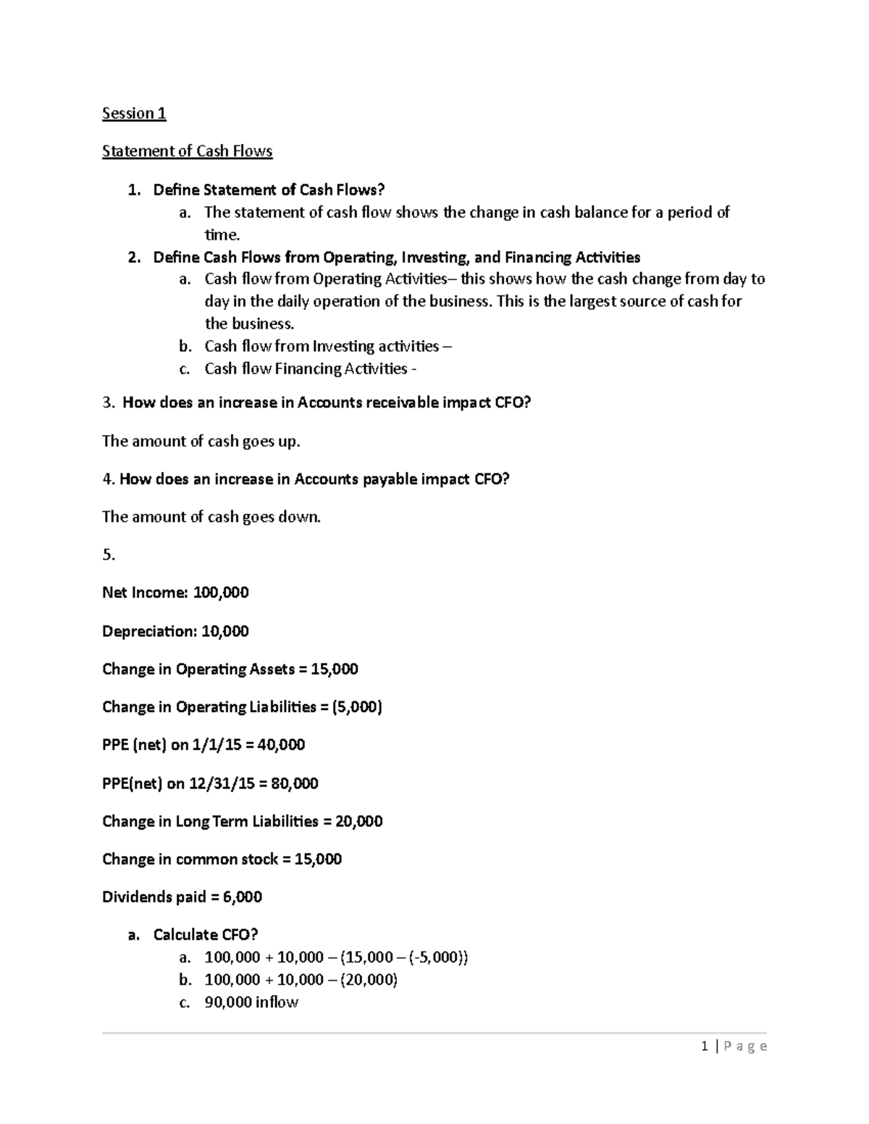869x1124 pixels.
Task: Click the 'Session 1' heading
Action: coord(134,114)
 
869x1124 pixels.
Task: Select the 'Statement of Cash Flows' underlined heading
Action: coord(187,151)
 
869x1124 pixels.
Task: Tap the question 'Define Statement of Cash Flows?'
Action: coord(269,190)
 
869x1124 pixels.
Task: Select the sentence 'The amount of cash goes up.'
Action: coord(201,441)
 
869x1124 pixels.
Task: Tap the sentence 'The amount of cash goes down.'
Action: coord(211,517)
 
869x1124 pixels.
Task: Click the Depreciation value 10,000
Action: coord(224,631)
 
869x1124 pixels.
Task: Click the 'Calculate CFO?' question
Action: coord(205,935)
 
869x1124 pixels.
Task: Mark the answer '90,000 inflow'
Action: coord(251,1002)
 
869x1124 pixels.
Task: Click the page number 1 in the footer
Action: coord(704,1046)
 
